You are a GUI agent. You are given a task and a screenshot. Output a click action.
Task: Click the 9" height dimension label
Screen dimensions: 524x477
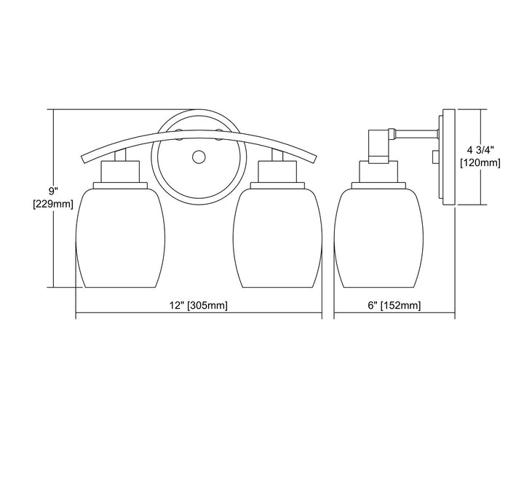[x=53, y=192]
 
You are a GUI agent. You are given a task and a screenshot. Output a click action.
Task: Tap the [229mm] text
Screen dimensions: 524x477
[x=53, y=204]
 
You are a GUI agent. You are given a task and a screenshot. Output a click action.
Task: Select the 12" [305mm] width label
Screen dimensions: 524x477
[x=199, y=305]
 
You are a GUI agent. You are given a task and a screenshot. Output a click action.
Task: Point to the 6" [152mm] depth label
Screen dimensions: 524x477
[x=394, y=305]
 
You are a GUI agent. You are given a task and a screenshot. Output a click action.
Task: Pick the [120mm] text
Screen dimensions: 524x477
[x=480, y=163]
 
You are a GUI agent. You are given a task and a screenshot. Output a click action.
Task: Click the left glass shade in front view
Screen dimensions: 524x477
[x=120, y=237]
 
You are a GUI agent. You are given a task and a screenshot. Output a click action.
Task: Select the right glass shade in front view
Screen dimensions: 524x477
[x=277, y=237]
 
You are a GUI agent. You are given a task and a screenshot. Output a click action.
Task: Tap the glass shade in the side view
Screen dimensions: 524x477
[x=378, y=237]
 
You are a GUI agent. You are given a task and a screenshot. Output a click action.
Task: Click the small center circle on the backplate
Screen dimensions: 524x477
[x=199, y=157]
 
